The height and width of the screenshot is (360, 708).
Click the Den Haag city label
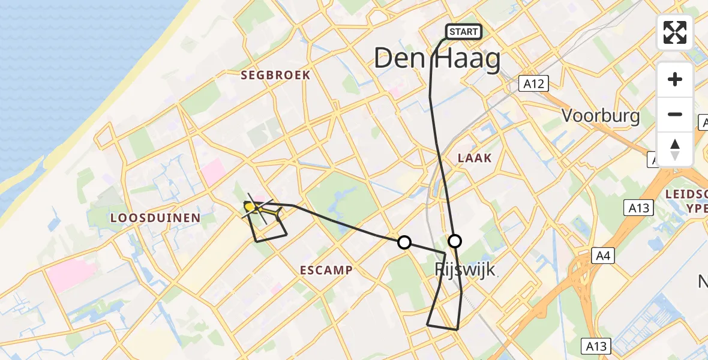click(x=437, y=60)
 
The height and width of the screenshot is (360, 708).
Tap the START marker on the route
click(x=464, y=32)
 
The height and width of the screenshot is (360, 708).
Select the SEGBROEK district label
click(x=275, y=75)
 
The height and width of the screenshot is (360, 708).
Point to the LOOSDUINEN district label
click(x=155, y=218)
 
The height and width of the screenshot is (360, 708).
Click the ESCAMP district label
click(x=326, y=270)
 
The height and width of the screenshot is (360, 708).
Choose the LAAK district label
click(x=474, y=158)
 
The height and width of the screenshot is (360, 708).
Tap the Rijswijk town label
click(x=466, y=269)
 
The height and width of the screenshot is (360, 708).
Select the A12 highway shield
click(x=533, y=83)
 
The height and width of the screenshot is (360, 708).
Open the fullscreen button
click(x=675, y=32)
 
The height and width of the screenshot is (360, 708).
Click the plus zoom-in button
click(x=675, y=79)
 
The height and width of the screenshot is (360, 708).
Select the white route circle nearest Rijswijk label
click(x=455, y=241)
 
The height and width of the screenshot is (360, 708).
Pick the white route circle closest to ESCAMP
click(x=404, y=242)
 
